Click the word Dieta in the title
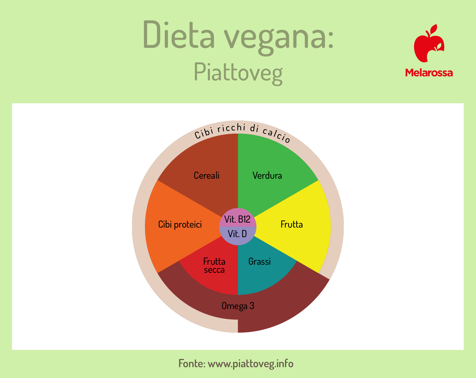179,34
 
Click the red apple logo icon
429,43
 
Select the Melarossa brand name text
429,73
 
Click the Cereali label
206,175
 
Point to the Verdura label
267,175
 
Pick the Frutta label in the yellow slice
292,224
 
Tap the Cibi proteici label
180,224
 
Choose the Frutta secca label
214,265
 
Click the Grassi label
260,261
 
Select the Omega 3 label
238,306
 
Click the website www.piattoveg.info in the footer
251,364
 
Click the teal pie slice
263,268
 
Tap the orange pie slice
175,226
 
